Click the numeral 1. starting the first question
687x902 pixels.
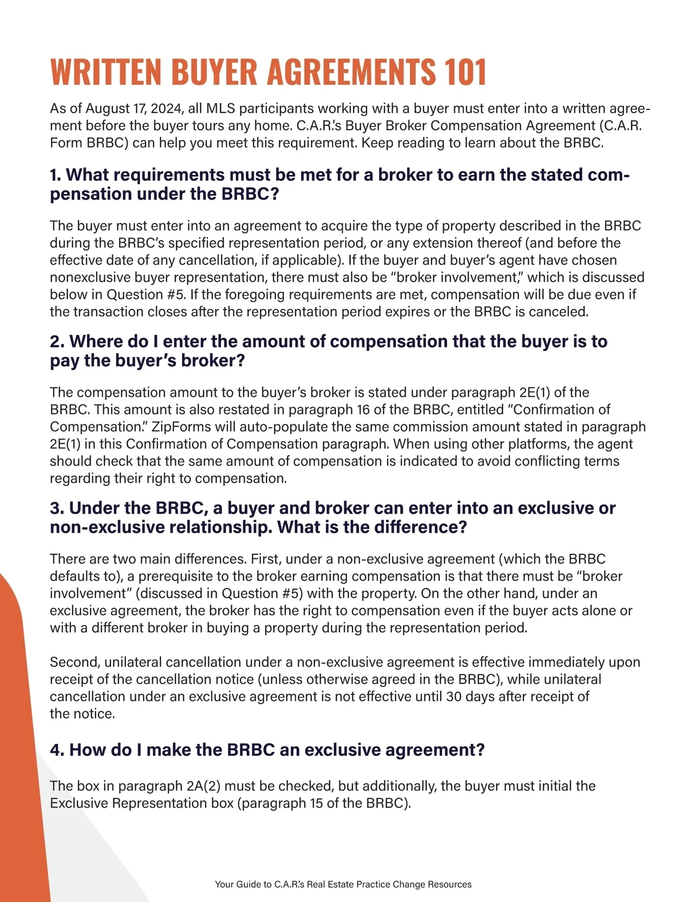tap(56, 175)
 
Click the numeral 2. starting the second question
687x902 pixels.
tap(57, 341)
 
